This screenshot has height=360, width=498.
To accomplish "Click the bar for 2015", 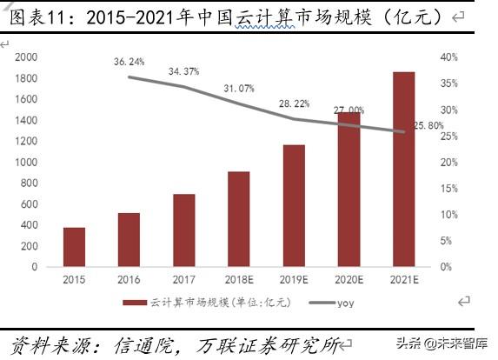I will (x=74, y=247).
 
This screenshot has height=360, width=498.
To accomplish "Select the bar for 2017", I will (x=183, y=230).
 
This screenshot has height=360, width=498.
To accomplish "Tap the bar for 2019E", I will (x=293, y=205).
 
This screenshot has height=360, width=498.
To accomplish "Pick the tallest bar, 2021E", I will (x=403, y=169).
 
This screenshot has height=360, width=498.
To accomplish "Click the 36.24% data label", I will (x=129, y=63).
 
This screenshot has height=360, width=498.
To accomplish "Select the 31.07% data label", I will (x=238, y=89).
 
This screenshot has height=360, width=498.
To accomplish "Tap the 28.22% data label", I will (x=293, y=103).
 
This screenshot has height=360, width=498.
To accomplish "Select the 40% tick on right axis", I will (x=448, y=57).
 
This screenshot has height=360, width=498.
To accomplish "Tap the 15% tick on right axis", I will (x=448, y=189).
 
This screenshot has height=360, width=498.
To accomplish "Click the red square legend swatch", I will (x=135, y=302).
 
